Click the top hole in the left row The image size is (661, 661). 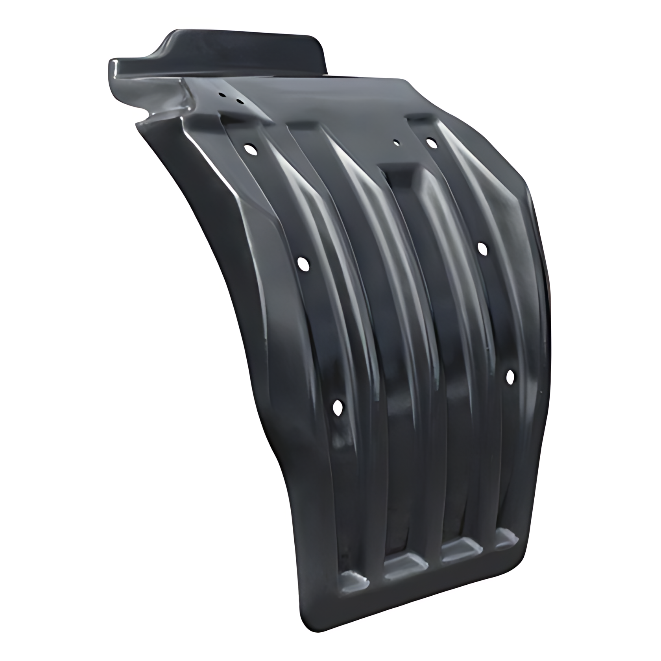click(249, 149)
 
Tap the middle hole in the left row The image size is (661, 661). click(303, 263)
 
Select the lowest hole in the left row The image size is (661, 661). click(338, 408)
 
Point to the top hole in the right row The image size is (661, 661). click(432, 143)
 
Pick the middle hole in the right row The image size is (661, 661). click(482, 249)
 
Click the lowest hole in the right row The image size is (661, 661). click(510, 377)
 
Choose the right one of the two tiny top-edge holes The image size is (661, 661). click(239, 102)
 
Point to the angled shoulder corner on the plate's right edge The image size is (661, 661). click(525, 185)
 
